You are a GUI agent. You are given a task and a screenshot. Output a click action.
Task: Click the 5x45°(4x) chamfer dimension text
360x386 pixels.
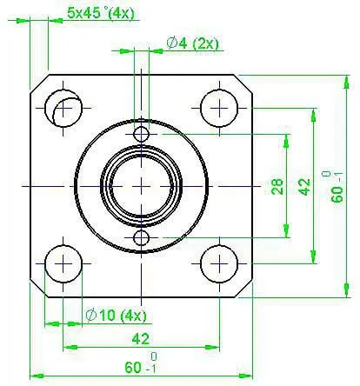click(x=101, y=14)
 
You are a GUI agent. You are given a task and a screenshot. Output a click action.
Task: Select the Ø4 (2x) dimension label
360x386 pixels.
click(x=193, y=43)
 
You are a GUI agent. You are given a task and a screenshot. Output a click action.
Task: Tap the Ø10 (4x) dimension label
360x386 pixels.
click(x=117, y=316)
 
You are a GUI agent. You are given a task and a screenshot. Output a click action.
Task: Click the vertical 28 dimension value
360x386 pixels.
click(x=277, y=186)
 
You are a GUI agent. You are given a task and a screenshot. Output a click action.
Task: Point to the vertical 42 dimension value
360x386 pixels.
click(x=304, y=187)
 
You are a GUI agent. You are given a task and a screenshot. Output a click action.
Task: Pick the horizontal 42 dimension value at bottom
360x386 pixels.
click(x=141, y=339)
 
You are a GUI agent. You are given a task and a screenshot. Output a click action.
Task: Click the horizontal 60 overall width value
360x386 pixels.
click(x=133, y=368)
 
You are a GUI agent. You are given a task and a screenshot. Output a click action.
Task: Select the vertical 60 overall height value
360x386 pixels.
click(x=337, y=194)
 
